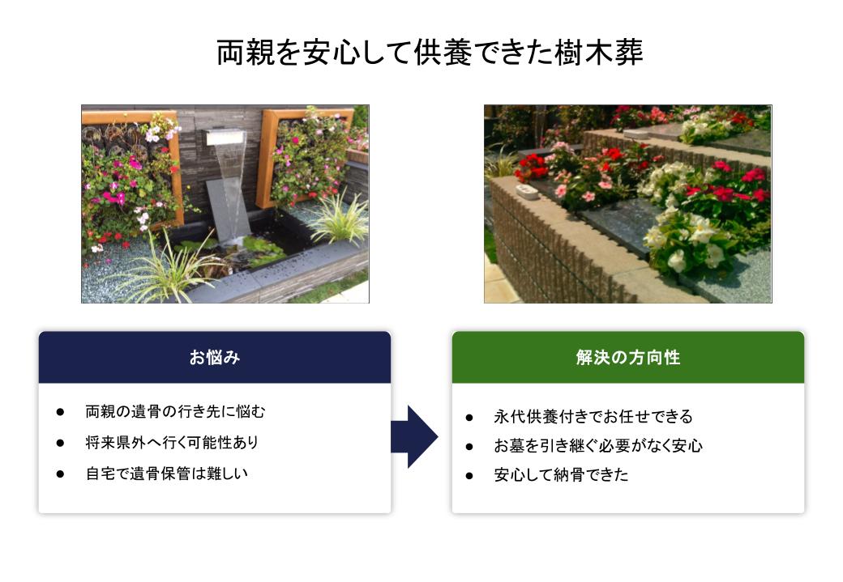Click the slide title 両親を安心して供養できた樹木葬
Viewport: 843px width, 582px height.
click(x=430, y=52)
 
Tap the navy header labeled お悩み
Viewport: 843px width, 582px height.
click(x=215, y=357)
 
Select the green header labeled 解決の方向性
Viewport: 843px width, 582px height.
click(x=628, y=357)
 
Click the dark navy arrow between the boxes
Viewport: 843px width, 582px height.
click(x=414, y=436)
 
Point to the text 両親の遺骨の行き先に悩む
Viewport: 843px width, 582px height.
click(x=175, y=412)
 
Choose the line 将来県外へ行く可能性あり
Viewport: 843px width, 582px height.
click(x=172, y=443)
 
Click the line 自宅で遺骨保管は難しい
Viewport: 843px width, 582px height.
click(x=167, y=474)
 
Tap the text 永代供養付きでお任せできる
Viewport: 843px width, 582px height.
click(x=593, y=417)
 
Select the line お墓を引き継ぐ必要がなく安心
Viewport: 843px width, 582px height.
click(x=598, y=446)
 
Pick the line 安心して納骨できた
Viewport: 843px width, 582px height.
click(x=561, y=474)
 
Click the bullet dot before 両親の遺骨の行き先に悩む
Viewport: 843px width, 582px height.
click(x=60, y=412)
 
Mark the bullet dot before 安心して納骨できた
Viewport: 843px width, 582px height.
click(x=469, y=475)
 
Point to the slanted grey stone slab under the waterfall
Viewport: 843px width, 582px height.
click(x=229, y=210)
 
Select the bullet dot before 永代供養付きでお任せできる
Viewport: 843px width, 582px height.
click(x=469, y=417)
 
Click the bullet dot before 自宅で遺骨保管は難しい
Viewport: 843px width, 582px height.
click(x=60, y=474)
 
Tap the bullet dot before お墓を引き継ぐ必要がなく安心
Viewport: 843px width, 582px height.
click(x=469, y=446)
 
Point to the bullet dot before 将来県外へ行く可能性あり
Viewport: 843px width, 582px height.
click(x=60, y=443)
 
